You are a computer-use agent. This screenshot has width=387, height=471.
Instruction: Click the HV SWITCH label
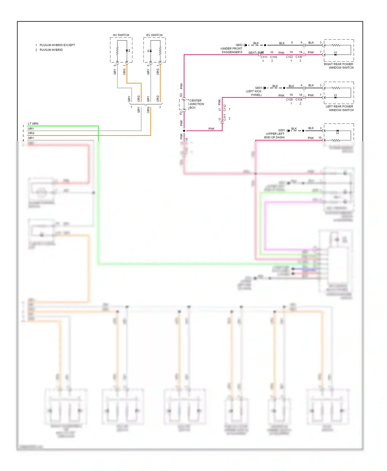pyautogui.click(x=121, y=35)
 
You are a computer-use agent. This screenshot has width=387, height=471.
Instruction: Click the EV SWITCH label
pyautogui.click(x=154, y=35)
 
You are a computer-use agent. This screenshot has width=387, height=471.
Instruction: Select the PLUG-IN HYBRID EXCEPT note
pyautogui.click(x=57, y=45)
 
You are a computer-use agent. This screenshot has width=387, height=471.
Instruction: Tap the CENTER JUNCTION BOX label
pyautogui.click(x=196, y=104)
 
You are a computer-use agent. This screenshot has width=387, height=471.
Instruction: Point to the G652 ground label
pyautogui.click(x=239, y=45)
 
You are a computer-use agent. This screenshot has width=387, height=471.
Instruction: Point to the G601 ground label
pyautogui.click(x=258, y=88)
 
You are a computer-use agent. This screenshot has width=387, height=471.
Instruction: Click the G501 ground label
pyautogui.click(x=281, y=130)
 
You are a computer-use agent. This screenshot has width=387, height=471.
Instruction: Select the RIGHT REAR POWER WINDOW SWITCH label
pyautogui.click(x=338, y=66)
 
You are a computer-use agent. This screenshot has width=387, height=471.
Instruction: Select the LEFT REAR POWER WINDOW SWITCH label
pyautogui.click(x=339, y=108)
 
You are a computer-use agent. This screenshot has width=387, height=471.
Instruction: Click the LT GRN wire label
pyautogui.click(x=33, y=124)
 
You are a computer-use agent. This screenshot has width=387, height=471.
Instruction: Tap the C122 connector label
pyautogui.click(x=289, y=57)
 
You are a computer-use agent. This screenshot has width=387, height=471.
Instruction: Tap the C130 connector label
pyautogui.click(x=299, y=57)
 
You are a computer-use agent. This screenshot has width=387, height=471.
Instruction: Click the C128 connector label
pyautogui.click(x=289, y=99)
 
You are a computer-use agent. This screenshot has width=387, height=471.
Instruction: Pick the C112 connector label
pyautogui.click(x=225, y=108)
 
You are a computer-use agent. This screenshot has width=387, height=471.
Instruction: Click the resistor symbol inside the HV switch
pyautogui.click(x=117, y=51)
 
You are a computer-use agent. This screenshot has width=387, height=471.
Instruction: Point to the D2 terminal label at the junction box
pyautogui.click(x=181, y=95)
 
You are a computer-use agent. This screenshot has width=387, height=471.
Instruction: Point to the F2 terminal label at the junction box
pyautogui.click(x=181, y=113)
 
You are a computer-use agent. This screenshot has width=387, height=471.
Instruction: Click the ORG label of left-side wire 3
pyautogui.click(x=31, y=133)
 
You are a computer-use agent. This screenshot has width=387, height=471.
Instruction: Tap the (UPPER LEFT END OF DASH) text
pyautogui.click(x=275, y=136)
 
